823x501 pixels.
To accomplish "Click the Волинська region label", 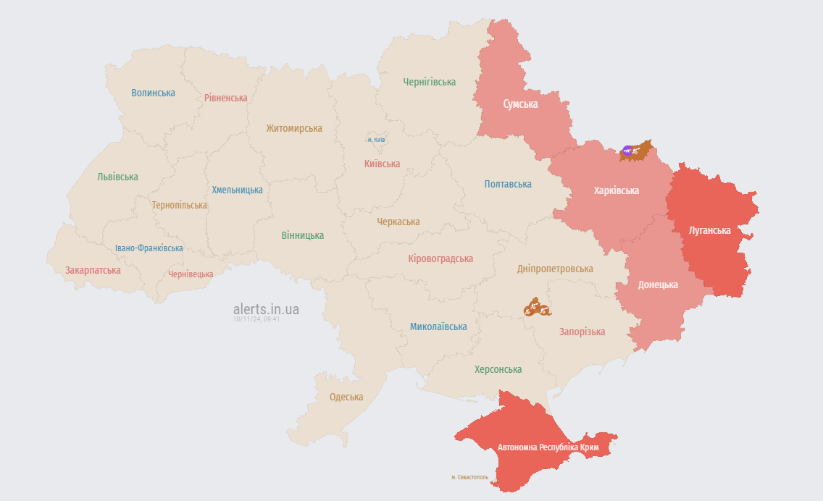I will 153,93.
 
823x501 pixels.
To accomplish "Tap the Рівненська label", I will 225,98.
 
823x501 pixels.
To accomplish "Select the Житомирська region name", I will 293,128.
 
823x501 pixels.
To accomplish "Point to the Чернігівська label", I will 429,82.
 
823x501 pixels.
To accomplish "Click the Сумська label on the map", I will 520,104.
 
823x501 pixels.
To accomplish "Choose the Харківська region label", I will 616,190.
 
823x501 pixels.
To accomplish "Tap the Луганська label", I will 709,230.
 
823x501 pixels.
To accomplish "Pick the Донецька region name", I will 657,285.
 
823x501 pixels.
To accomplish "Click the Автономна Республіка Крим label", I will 548,447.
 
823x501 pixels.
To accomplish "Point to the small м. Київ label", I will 375,140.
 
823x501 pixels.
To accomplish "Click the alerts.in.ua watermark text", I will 266,309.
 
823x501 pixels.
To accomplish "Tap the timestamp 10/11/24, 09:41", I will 256,319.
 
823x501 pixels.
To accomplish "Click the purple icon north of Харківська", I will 627,151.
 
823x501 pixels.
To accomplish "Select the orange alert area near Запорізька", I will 537,308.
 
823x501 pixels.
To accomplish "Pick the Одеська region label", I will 346,397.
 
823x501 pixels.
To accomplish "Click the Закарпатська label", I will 93,270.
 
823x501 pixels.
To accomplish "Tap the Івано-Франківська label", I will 149,248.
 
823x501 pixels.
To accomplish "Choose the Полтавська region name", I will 508,185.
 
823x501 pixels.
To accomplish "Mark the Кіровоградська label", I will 440,258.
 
